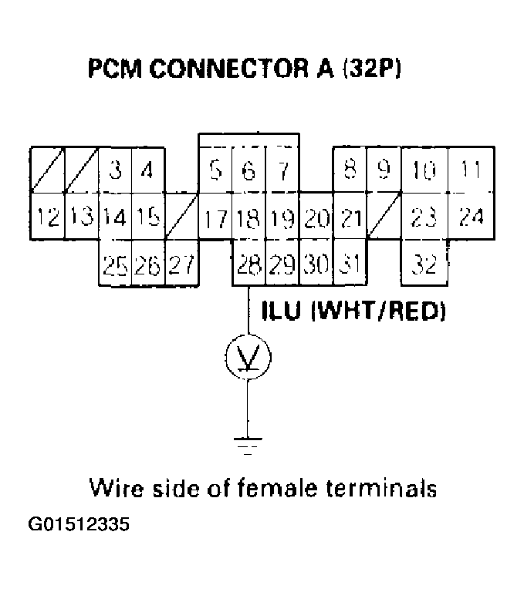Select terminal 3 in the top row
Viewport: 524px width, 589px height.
coord(115,170)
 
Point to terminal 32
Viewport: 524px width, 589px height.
coord(424,266)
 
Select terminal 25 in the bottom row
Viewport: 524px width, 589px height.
coord(115,266)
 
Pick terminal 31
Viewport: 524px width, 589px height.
coord(350,266)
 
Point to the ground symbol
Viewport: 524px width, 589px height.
coord(247,444)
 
